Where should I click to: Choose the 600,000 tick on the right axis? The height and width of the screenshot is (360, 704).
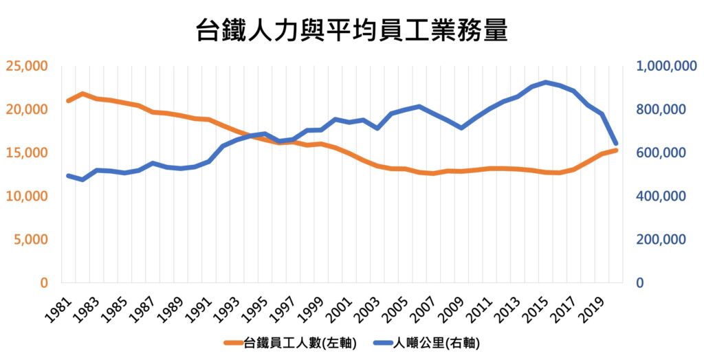click(663, 153)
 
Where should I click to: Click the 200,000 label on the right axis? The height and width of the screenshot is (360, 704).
click(663, 239)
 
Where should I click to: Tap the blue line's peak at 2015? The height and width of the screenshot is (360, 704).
click(546, 82)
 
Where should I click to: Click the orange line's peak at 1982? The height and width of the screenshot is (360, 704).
click(82, 93)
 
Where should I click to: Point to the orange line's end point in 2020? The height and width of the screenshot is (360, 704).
click(616, 150)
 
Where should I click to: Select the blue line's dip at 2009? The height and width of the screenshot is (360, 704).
click(461, 128)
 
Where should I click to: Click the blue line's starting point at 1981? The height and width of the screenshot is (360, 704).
click(68, 176)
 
